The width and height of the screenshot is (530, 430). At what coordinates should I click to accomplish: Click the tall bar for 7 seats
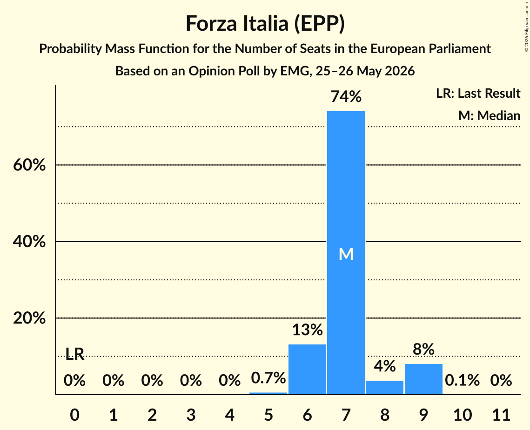pos(346,253)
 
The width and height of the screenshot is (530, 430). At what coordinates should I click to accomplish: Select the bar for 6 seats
pos(307,369)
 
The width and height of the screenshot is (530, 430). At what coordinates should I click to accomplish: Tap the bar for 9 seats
pos(423,379)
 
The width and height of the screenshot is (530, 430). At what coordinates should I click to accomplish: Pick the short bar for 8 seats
pos(385,387)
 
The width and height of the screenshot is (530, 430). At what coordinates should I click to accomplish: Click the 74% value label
pos(346,96)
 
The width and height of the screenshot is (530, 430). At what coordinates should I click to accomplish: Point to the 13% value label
pos(307,329)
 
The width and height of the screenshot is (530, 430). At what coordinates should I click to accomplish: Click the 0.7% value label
pos(268,377)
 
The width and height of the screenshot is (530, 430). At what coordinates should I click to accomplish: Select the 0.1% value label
pos(462,380)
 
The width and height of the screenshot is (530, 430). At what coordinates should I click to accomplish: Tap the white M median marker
pos(346,254)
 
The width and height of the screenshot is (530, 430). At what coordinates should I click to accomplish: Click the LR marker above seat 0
pos(74,354)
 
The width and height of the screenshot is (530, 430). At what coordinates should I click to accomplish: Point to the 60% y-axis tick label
pos(29,165)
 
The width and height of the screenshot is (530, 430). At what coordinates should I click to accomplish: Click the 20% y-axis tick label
pos(29,318)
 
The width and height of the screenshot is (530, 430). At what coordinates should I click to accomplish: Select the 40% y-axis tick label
pos(29,242)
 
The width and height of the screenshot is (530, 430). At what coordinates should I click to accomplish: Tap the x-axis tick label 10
pos(462,415)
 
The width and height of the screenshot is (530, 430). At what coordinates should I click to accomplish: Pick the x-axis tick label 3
pos(191,415)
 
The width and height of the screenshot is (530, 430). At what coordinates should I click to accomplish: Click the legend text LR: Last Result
pos(478,93)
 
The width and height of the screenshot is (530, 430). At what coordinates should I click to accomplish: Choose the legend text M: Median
pos(489,115)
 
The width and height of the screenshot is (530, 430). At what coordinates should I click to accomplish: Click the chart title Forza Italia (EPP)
pos(265,24)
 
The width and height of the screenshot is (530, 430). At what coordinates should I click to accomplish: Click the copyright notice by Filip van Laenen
pos(527,27)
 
